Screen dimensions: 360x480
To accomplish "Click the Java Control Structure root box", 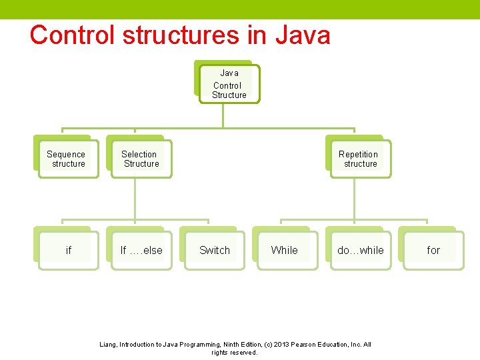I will pos(229,84).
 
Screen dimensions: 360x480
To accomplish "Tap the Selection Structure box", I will pos(141,159).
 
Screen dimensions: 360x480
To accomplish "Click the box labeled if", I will pos(68,250).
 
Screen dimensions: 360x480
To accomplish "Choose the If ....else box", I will pos(141,250).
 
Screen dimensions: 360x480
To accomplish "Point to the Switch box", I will pos(215,250).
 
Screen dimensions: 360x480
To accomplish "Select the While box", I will pos(285,250).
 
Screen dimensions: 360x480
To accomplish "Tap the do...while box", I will pos(360,250).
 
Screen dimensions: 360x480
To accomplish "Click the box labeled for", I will pos(433,250).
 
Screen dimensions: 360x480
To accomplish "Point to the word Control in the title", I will pos(70,35).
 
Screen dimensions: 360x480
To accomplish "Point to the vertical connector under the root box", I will pos(223,115).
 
